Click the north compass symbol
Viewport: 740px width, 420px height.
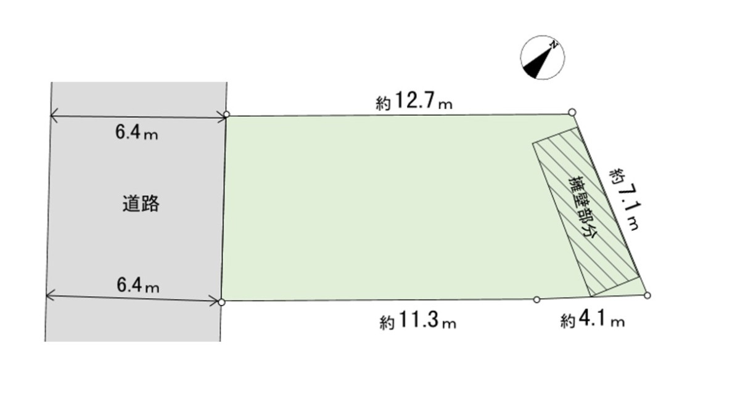[x=542, y=58]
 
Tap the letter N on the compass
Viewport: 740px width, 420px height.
[x=554, y=44]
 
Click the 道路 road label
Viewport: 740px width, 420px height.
[x=141, y=204]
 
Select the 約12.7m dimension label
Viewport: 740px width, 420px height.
[x=414, y=101]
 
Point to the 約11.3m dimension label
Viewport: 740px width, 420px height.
[x=418, y=320]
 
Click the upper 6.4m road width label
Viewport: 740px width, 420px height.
[x=136, y=132]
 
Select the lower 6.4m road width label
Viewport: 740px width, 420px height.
[x=138, y=285]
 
